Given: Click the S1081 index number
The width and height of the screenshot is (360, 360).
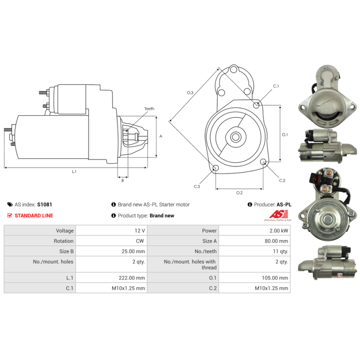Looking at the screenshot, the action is tap(45, 204).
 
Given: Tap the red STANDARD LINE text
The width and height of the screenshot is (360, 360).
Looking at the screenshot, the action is tap(34, 216).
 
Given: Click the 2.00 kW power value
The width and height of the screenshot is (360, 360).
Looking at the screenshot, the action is tap(279, 231).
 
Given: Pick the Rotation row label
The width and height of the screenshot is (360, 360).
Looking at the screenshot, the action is tap(63, 241).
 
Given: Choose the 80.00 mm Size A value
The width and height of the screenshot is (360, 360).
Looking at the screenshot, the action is tap(276, 241).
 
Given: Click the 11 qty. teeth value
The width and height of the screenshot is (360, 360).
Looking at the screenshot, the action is tap(280, 252).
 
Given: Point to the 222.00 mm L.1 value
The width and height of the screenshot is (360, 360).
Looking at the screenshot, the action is tap(132, 278).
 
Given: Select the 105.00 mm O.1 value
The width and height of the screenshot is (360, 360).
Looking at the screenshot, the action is tap(275, 278).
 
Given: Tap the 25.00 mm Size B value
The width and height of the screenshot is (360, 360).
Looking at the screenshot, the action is tap(133, 252).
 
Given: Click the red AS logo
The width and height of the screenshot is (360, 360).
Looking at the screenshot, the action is tap(279, 214).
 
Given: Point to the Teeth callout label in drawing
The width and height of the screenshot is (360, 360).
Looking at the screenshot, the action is tap(149, 108).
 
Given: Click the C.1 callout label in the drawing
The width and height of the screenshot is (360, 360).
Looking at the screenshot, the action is tap(276, 86).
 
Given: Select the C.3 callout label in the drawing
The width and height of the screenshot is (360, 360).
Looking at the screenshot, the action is tap(197, 186).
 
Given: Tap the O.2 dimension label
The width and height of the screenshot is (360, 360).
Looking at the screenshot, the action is tap(239, 193).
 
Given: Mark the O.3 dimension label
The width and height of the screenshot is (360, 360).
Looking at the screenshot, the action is tap(190, 93).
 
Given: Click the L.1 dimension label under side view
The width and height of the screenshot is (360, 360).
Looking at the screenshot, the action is tap(74, 171).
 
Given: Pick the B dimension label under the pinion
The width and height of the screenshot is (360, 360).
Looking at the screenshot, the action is tap(122, 180).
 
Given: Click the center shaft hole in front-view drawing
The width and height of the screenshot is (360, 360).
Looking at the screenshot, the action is tap(235, 137).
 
